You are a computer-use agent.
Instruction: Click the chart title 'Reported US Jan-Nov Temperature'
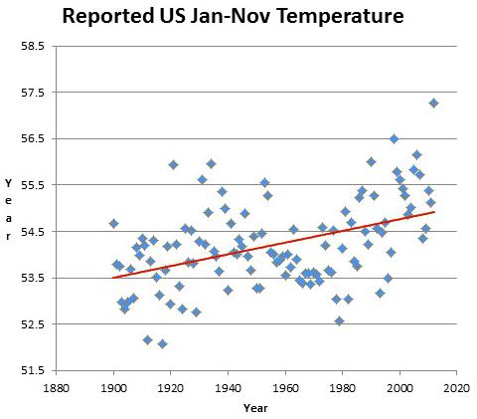(233, 16)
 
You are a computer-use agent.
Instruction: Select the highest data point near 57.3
(434, 104)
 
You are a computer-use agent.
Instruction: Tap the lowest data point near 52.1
(162, 344)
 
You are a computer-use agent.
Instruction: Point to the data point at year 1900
(113, 224)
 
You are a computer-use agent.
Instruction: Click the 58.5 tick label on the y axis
(33, 46)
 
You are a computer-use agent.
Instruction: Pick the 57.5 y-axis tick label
(33, 93)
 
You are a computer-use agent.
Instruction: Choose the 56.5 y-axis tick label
(33, 138)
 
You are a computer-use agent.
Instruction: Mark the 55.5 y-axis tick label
(33, 185)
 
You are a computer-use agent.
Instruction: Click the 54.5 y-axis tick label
(33, 232)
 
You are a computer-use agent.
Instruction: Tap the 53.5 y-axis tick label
(33, 278)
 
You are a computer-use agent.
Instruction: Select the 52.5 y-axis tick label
(33, 324)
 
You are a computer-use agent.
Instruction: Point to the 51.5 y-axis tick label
(33, 370)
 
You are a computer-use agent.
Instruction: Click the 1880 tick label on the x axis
(57, 388)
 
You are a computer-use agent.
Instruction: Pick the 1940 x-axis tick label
(228, 388)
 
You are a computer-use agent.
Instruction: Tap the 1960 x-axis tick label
(285, 388)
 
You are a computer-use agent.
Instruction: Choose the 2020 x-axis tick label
(457, 388)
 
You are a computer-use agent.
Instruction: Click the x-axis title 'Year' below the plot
(255, 408)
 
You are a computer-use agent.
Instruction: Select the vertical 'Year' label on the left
(8, 210)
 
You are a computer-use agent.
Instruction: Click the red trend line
(273, 245)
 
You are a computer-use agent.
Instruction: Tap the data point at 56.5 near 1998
(394, 139)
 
